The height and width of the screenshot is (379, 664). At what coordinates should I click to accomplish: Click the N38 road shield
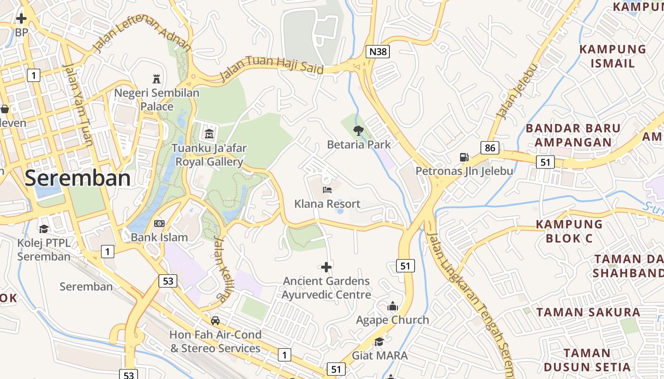[x=378, y=52]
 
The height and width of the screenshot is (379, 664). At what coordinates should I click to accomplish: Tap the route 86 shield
[x=490, y=148]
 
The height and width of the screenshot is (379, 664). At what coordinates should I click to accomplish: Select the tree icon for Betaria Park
[x=358, y=130]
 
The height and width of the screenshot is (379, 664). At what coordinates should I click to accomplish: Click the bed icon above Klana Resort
[x=327, y=190]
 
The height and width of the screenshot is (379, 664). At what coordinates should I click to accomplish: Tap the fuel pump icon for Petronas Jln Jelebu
[x=464, y=157]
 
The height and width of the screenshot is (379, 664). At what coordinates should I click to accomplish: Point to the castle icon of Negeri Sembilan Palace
[x=157, y=78]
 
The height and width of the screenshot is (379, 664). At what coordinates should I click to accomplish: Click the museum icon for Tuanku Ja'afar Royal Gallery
[x=209, y=134]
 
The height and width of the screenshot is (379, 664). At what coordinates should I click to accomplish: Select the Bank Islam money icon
[x=159, y=223]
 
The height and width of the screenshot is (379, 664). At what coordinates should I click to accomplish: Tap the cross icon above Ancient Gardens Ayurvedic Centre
[x=326, y=267]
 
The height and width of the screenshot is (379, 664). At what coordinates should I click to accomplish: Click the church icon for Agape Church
[x=392, y=307]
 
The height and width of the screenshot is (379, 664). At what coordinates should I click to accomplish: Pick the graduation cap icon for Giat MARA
[x=379, y=342]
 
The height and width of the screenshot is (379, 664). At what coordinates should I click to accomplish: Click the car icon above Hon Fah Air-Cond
[x=215, y=321]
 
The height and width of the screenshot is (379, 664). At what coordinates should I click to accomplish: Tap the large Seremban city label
[x=77, y=178]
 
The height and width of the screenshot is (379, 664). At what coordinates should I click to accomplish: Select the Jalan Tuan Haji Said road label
[x=272, y=69]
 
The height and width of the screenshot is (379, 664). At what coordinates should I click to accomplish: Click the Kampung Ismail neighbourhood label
[x=612, y=56]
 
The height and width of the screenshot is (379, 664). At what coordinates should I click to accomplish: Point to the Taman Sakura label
[x=588, y=312]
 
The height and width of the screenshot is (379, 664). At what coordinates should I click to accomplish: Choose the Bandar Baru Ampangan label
[x=573, y=135]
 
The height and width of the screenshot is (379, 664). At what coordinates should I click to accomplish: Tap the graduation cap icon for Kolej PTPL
[x=44, y=229]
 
